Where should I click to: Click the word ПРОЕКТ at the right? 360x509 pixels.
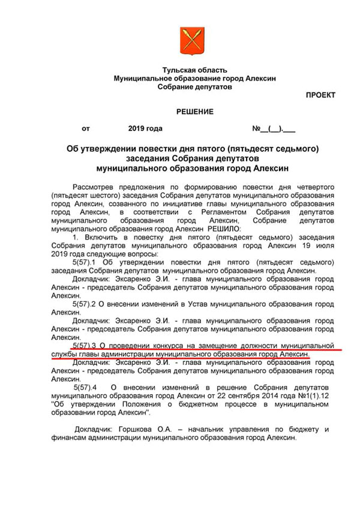[x=320, y=95]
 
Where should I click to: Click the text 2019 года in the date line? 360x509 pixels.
[x=145, y=128]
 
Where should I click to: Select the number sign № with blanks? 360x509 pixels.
[x=273, y=128]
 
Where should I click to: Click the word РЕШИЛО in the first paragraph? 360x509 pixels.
[x=224, y=229]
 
